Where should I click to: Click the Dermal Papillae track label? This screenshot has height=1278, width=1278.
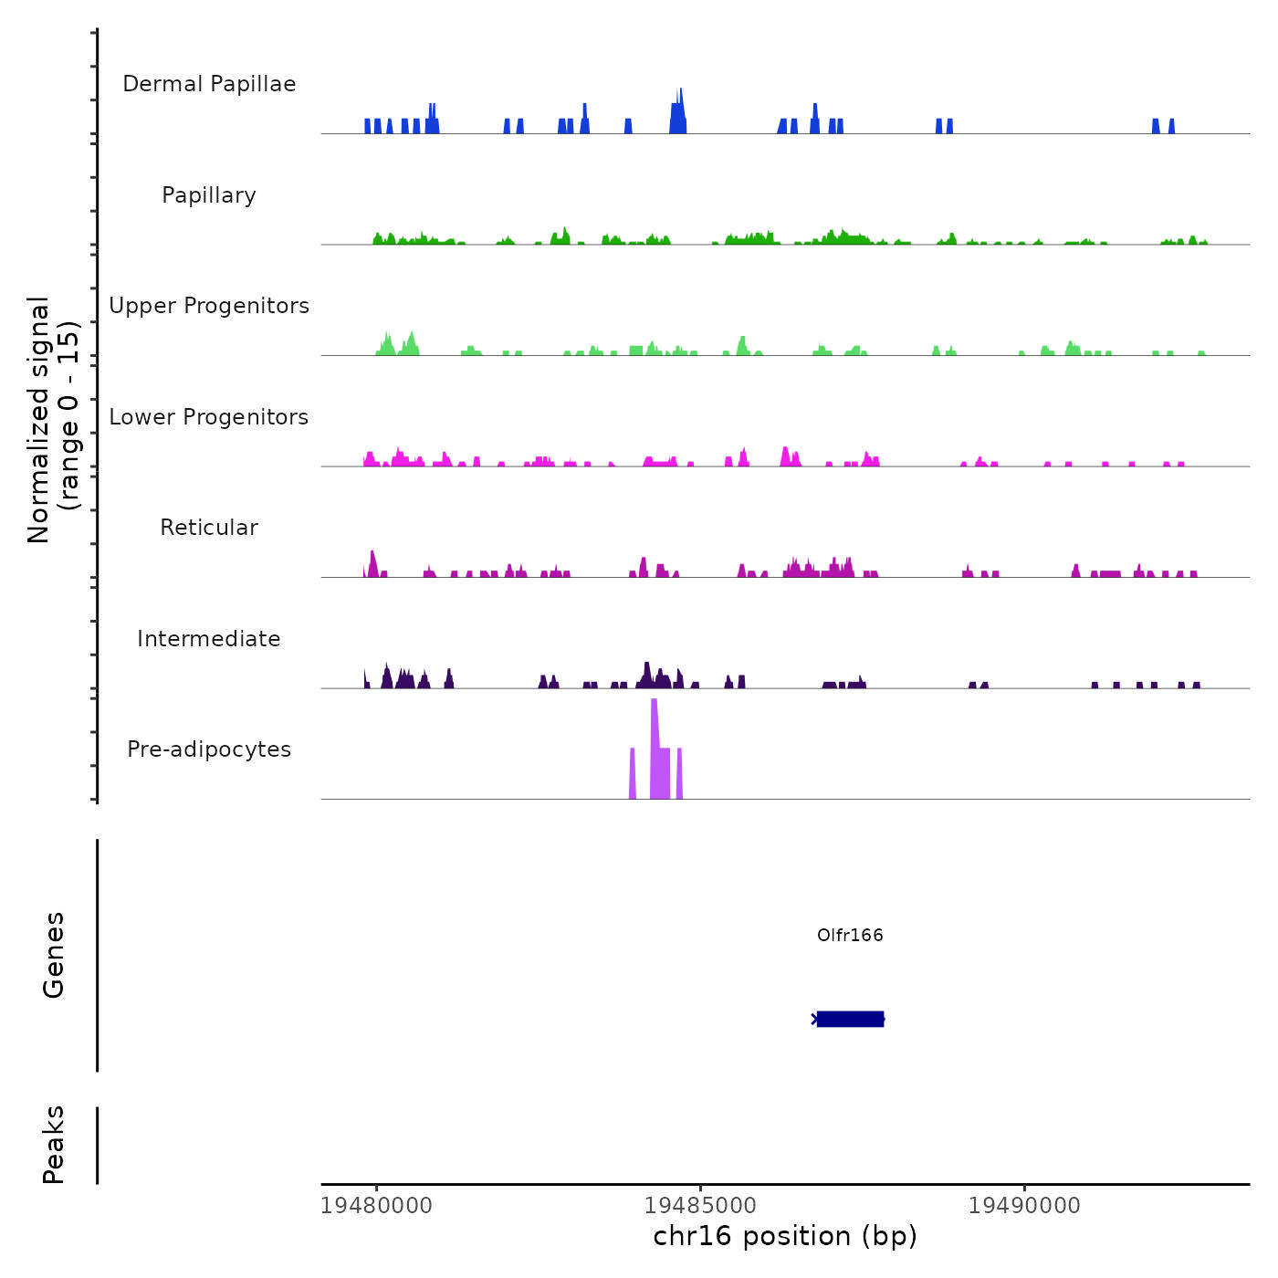click(209, 84)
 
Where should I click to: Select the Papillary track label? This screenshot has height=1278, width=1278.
click(209, 195)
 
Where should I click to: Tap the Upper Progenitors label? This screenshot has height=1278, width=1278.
click(209, 306)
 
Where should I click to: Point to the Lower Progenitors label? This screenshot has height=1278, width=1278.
click(209, 417)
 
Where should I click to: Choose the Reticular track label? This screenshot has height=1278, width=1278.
click(209, 528)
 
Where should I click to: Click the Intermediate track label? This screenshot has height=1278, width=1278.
click(209, 639)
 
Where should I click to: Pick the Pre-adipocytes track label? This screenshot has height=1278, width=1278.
click(209, 749)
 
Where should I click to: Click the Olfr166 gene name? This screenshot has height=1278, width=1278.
click(850, 935)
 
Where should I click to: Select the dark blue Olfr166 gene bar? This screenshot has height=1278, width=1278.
click(851, 1019)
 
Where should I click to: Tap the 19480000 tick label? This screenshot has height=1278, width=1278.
click(376, 1205)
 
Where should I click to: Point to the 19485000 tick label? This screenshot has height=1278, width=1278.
click(700, 1205)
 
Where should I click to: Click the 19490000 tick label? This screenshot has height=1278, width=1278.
click(1024, 1205)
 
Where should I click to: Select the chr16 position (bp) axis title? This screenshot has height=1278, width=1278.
click(785, 1236)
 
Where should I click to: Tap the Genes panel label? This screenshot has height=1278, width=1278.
click(54, 954)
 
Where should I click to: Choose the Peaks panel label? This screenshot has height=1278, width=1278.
click(54, 1144)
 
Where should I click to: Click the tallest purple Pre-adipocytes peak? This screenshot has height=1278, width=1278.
click(655, 749)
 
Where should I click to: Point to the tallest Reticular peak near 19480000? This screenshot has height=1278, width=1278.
click(372, 564)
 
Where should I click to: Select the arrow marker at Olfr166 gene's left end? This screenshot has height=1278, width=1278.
click(814, 1019)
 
